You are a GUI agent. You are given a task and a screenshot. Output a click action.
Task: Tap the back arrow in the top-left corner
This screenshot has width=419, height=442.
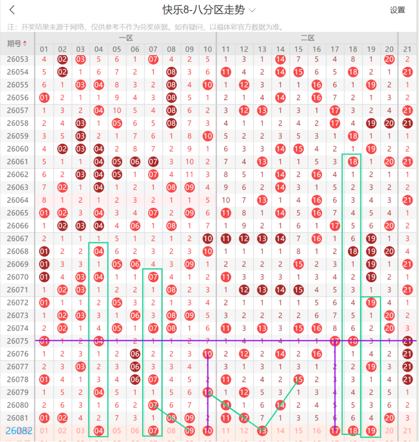tap(12, 10)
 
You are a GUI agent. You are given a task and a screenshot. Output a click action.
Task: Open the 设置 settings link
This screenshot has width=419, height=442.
tap(397, 10)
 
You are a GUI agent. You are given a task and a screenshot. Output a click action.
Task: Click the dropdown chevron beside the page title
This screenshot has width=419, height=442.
tap(252, 10)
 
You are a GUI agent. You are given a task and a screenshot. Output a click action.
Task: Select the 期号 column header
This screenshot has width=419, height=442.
tap(17, 43)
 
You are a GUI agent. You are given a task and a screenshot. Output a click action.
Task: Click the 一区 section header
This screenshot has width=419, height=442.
tap(126, 38)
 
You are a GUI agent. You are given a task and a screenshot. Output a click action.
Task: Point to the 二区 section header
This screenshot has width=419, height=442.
tap(307, 38)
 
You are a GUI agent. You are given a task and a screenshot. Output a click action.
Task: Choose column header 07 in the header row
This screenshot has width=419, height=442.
tap(153, 49)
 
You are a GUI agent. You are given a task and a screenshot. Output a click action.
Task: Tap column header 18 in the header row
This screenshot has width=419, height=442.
tap(353, 49)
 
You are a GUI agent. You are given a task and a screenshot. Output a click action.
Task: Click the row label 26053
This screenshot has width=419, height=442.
tap(17, 59)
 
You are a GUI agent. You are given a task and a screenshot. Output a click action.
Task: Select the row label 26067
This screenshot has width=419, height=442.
tap(17, 238)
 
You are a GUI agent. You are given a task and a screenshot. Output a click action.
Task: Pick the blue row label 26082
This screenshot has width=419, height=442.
tap(19, 431)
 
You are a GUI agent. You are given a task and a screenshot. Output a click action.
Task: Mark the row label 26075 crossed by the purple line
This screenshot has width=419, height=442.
tap(17, 341)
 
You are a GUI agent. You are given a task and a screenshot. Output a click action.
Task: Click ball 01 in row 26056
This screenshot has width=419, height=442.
tap(44, 98)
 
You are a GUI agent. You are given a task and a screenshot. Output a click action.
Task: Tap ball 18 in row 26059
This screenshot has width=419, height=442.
tap(353, 136)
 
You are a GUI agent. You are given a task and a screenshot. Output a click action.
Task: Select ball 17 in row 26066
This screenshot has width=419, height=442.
tap(335, 226)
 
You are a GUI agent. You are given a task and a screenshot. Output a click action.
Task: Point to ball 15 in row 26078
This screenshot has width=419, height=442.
tap(298, 379)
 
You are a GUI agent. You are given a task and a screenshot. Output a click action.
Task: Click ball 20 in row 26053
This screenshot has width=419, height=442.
tap(389, 59)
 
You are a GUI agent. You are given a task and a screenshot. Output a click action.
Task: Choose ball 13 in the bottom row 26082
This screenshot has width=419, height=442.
tap(262, 431)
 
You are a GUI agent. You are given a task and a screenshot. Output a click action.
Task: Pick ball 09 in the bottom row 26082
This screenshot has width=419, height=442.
tap(189, 431)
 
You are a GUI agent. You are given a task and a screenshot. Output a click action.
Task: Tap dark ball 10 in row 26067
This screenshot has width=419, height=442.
tap(207, 238)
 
